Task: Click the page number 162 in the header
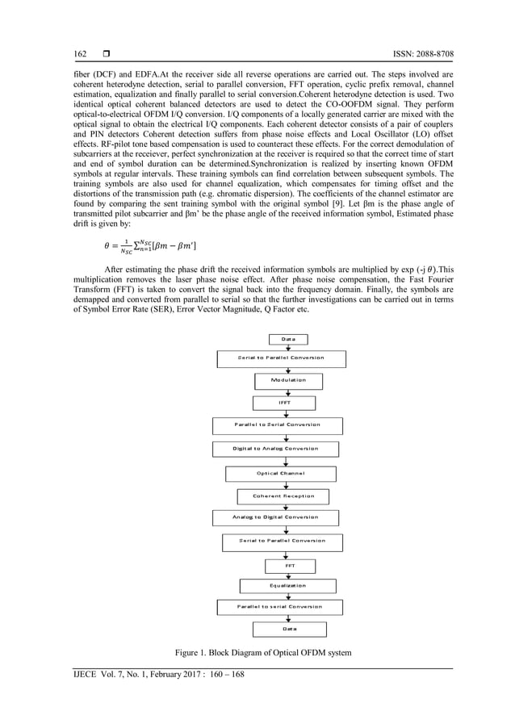(81, 54)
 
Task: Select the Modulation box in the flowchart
(287, 379)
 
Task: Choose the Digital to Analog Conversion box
(275, 449)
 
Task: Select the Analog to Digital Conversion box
(275, 517)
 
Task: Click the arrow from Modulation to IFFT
(287, 391)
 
